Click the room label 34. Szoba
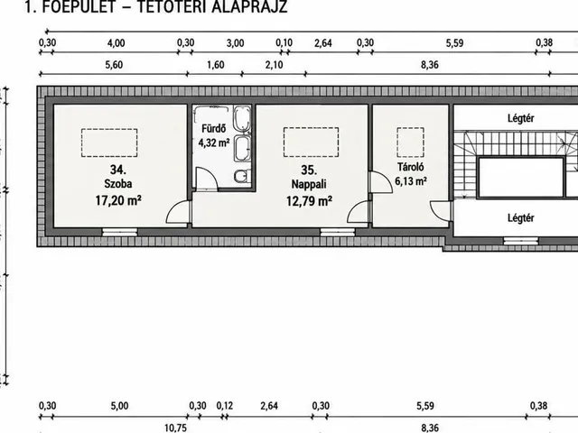118,177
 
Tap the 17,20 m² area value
118,200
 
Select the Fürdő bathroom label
213,128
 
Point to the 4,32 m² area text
214,143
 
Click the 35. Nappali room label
309,177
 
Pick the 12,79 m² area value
309,201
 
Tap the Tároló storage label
411,167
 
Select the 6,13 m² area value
411,181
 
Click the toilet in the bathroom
243,176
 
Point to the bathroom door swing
206,180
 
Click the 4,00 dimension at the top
117,43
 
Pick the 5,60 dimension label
114,65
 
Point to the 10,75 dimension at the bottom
175,428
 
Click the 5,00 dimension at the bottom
119,406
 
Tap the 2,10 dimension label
275,65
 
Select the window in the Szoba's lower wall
119,232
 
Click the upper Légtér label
520,118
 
